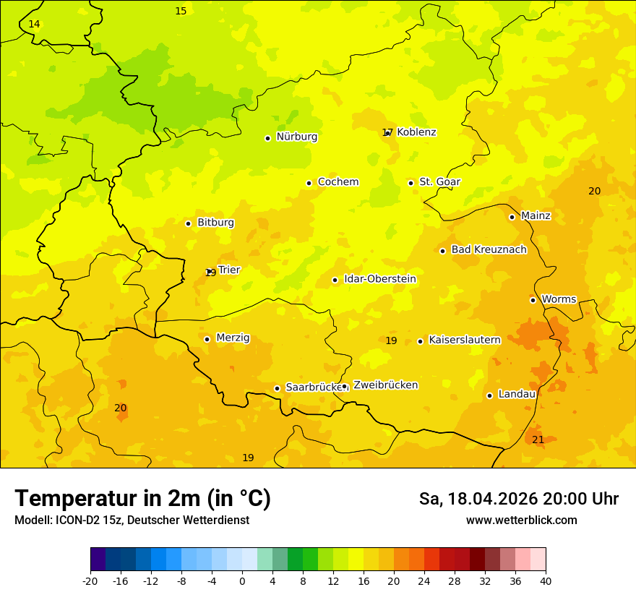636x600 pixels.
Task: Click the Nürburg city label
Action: point(296,137)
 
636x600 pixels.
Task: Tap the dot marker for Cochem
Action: point(309,183)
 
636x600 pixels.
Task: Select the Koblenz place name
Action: point(416,132)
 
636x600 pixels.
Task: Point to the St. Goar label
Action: point(439,181)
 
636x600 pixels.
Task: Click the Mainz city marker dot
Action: point(512,217)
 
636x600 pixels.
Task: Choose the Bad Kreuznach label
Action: point(489,249)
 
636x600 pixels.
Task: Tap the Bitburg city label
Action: point(215,223)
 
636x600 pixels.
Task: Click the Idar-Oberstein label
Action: point(379,279)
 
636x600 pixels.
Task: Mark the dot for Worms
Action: point(533,300)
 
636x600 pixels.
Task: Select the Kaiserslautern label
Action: point(464,340)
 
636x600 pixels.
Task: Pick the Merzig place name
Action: point(233,338)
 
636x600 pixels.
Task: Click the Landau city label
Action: point(517,394)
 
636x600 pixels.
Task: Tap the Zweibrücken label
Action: point(385,385)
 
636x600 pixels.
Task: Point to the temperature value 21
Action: point(538,440)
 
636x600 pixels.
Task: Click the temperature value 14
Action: point(34,25)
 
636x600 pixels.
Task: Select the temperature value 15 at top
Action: point(181,11)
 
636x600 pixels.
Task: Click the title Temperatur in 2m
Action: point(142,499)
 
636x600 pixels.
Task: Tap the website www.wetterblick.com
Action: point(521,520)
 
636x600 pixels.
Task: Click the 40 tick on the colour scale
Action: point(546,580)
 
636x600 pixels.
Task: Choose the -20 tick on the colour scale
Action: point(90,580)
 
